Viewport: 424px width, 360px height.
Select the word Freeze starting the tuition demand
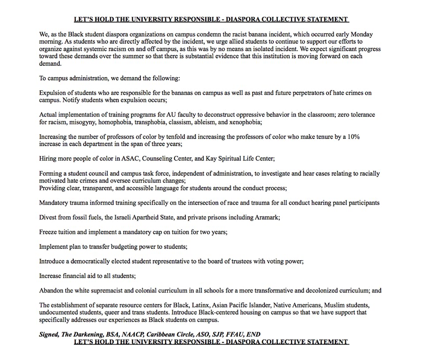(x=48, y=232)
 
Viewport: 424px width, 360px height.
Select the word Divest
(x=48, y=217)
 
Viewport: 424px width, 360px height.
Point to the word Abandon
(x=51, y=291)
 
